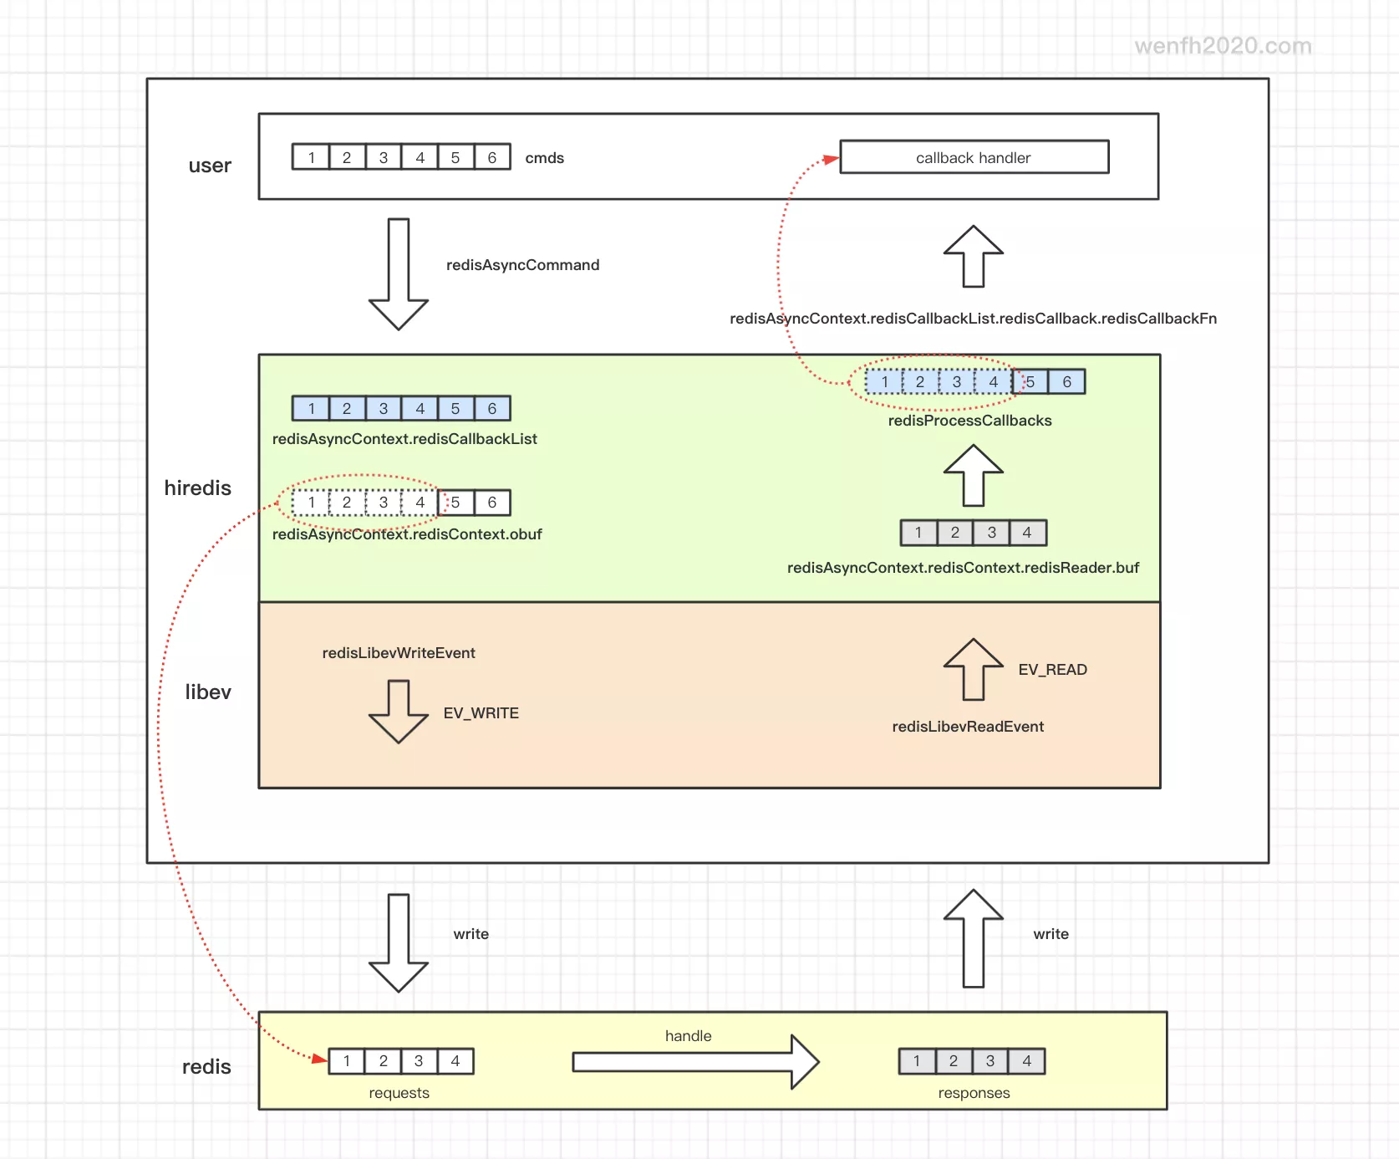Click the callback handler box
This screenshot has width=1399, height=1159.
tap(974, 157)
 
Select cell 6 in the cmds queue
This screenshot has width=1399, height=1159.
tap(492, 157)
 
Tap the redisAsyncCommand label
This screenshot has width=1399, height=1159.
tap(522, 265)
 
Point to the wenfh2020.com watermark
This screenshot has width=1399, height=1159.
tap(1223, 46)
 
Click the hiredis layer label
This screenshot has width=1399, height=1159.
tap(197, 488)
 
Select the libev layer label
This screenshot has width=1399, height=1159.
tap(208, 692)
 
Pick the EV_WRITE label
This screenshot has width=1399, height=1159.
tap(481, 713)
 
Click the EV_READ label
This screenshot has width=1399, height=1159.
tap(1052, 670)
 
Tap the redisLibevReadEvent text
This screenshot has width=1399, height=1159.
tap(968, 727)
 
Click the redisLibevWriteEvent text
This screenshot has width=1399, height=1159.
tap(399, 653)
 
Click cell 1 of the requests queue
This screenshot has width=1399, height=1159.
tap(347, 1061)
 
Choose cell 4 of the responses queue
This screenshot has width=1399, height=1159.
tap(1026, 1061)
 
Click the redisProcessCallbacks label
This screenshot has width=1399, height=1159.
tap(969, 421)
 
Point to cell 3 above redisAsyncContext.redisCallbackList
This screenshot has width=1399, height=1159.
tap(384, 409)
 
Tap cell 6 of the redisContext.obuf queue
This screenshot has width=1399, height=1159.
tap(492, 503)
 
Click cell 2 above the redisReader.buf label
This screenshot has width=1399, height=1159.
tap(954, 533)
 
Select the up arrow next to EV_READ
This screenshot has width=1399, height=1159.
tap(974, 669)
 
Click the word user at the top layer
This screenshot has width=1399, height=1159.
tap(210, 166)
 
